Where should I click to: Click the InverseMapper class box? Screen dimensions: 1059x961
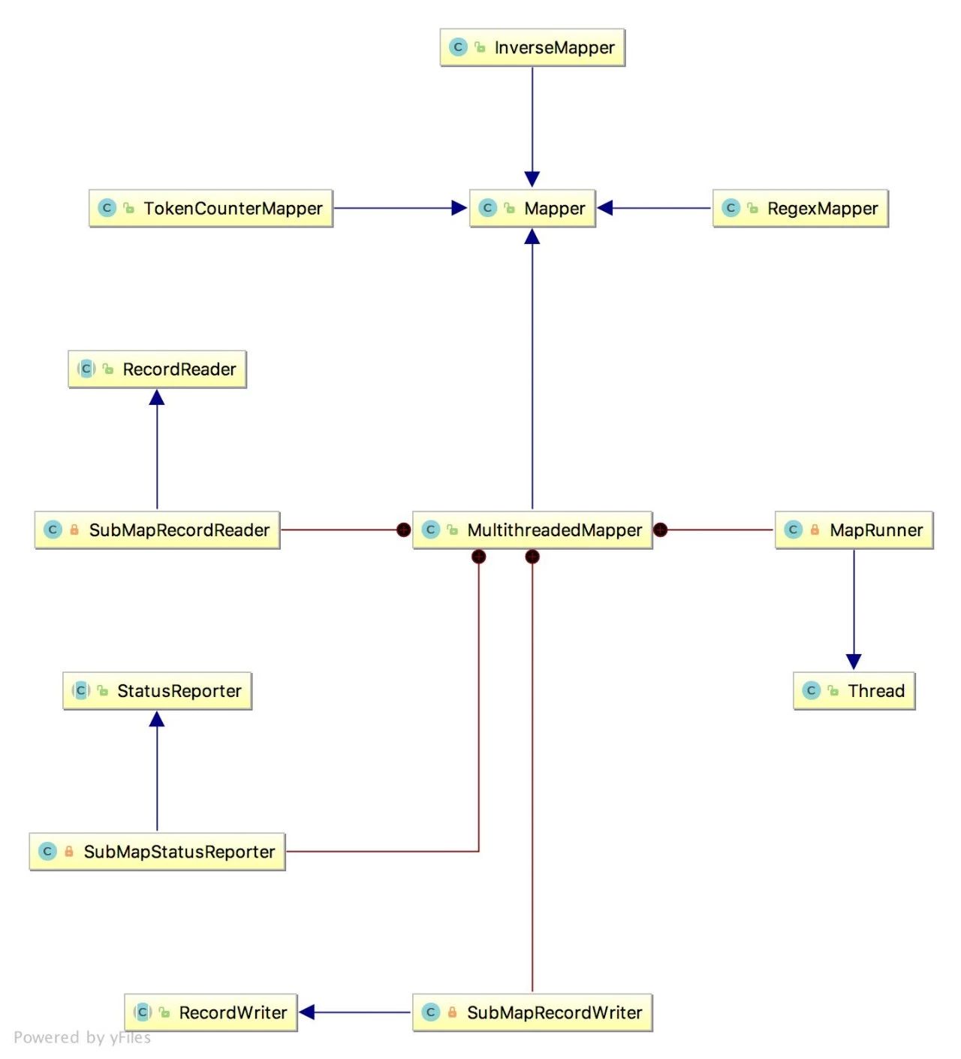532,47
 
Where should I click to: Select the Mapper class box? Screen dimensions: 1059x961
532,208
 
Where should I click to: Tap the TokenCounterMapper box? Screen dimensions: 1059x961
211,208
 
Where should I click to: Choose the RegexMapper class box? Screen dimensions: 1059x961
800,208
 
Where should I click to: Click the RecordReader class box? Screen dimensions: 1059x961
157,369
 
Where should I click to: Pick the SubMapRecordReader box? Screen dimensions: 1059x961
157,529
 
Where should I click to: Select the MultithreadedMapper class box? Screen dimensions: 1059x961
532,529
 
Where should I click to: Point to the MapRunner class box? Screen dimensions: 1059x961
854,529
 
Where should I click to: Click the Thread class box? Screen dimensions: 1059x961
854,690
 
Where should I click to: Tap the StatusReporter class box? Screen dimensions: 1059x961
157,690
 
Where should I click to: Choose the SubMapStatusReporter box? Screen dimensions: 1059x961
157,851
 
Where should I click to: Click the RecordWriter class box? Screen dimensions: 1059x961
211,1012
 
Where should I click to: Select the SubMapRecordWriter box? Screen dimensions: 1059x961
532,1012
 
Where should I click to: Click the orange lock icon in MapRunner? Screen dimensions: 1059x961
815,529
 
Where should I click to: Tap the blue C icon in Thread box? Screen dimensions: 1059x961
811,690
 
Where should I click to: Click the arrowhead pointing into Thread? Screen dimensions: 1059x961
854,662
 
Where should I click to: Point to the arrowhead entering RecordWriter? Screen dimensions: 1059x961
307,1012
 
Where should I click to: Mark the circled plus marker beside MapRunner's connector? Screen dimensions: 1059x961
661,529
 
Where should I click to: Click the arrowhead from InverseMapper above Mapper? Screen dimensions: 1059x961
532,180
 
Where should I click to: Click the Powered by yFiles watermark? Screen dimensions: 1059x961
83,1037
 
